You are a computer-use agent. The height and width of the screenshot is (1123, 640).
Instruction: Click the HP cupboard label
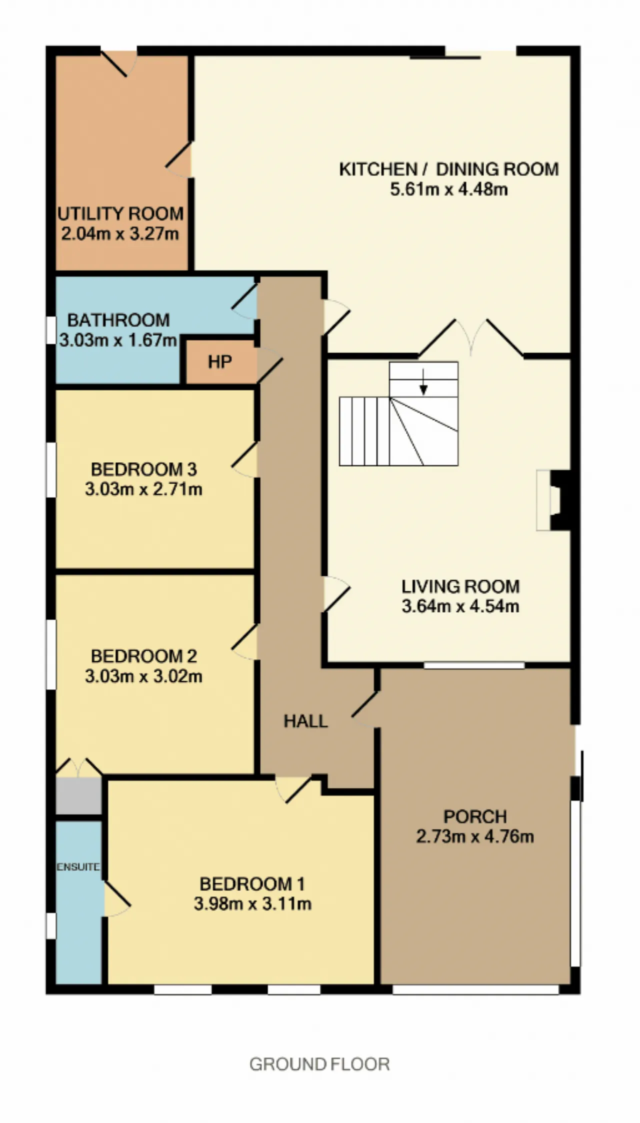[x=219, y=362]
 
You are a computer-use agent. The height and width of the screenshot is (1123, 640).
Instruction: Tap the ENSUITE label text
[x=78, y=867]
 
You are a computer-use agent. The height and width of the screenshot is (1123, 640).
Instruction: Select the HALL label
[x=305, y=721]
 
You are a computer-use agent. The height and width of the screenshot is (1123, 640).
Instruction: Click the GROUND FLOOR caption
[x=319, y=1064]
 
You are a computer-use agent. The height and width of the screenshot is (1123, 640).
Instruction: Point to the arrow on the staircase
[x=423, y=382]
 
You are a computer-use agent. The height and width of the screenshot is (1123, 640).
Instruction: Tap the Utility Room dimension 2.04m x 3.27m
[x=120, y=234]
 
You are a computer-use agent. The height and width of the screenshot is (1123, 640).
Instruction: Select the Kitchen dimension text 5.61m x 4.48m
[x=449, y=190]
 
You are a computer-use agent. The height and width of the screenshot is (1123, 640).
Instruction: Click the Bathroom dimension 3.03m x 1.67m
[x=118, y=340]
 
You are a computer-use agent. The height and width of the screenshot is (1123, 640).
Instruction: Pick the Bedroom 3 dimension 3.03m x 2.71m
[x=143, y=489]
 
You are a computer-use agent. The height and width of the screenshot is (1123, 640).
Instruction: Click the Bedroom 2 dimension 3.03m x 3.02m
[x=143, y=676]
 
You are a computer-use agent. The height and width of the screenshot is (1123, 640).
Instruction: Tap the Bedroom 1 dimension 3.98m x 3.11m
[x=252, y=904]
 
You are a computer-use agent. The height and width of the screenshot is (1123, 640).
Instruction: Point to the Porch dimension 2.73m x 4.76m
[x=475, y=836]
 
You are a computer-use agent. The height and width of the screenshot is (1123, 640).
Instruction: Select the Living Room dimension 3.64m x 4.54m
[x=460, y=606]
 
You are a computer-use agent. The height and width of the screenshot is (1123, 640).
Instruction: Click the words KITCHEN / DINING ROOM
[x=449, y=169]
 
